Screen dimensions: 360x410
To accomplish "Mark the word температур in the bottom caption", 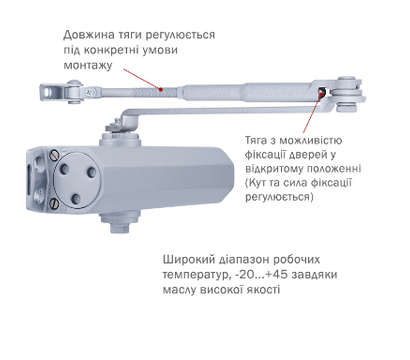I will tap(196, 271).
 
